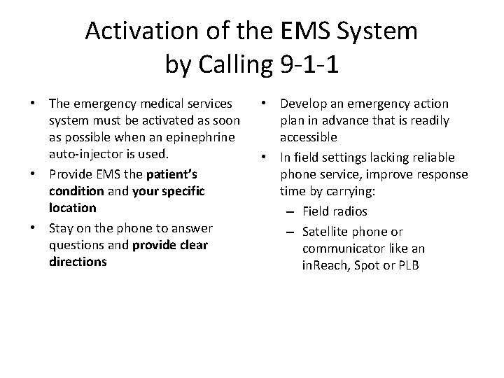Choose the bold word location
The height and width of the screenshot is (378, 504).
[73, 208]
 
